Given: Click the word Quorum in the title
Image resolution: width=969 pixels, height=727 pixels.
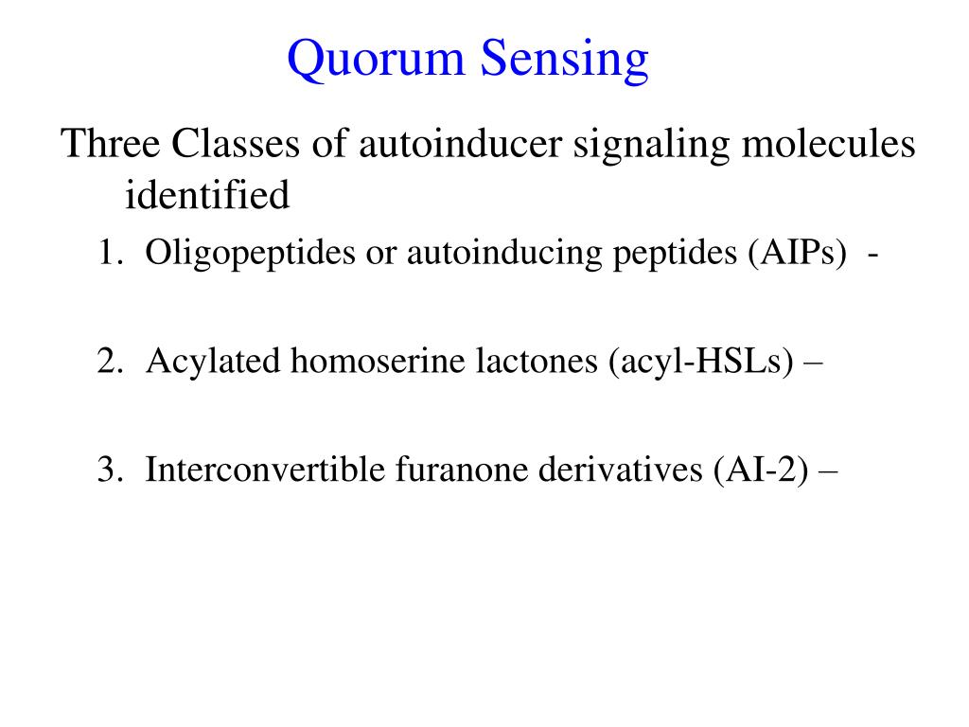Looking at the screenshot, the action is tap(376, 60).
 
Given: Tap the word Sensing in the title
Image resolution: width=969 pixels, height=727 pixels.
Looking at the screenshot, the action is tap(565, 61).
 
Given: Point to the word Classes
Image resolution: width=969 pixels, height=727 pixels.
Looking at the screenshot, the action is tap(236, 144).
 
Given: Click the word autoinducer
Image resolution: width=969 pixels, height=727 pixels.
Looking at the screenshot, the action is tap(461, 144).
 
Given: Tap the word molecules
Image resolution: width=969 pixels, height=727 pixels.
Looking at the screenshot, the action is tap(828, 144).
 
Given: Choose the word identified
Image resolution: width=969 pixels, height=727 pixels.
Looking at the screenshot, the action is tap(207, 195).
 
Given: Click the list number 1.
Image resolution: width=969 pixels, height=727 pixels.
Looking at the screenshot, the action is tap(110, 252).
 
